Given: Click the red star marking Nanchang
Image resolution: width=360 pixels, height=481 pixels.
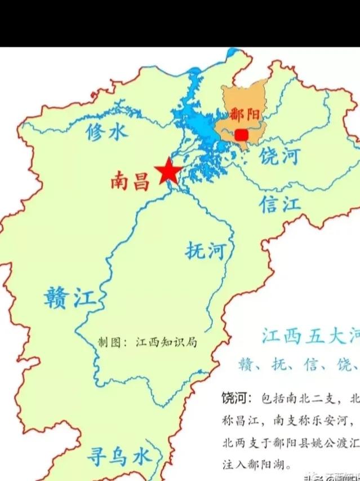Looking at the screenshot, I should point(168,171).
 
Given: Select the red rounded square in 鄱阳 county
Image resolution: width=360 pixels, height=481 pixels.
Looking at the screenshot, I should point(242,135).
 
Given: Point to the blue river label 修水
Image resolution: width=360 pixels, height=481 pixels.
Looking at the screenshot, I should point(107,132).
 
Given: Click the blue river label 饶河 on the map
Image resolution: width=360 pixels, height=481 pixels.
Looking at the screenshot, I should point(279,156).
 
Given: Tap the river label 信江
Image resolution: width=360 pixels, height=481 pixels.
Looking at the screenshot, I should point(280,204).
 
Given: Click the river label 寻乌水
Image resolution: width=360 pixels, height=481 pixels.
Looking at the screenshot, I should point(118,456).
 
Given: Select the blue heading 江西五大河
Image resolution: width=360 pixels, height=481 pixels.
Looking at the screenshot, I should point(310,337).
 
